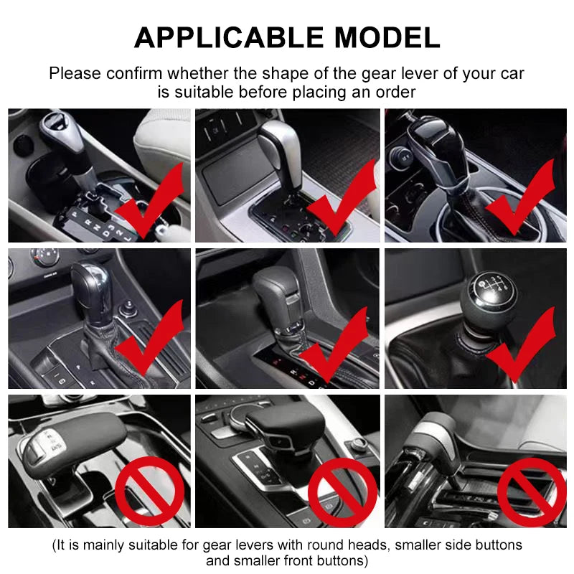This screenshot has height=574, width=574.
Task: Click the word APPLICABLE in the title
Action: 219,37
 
